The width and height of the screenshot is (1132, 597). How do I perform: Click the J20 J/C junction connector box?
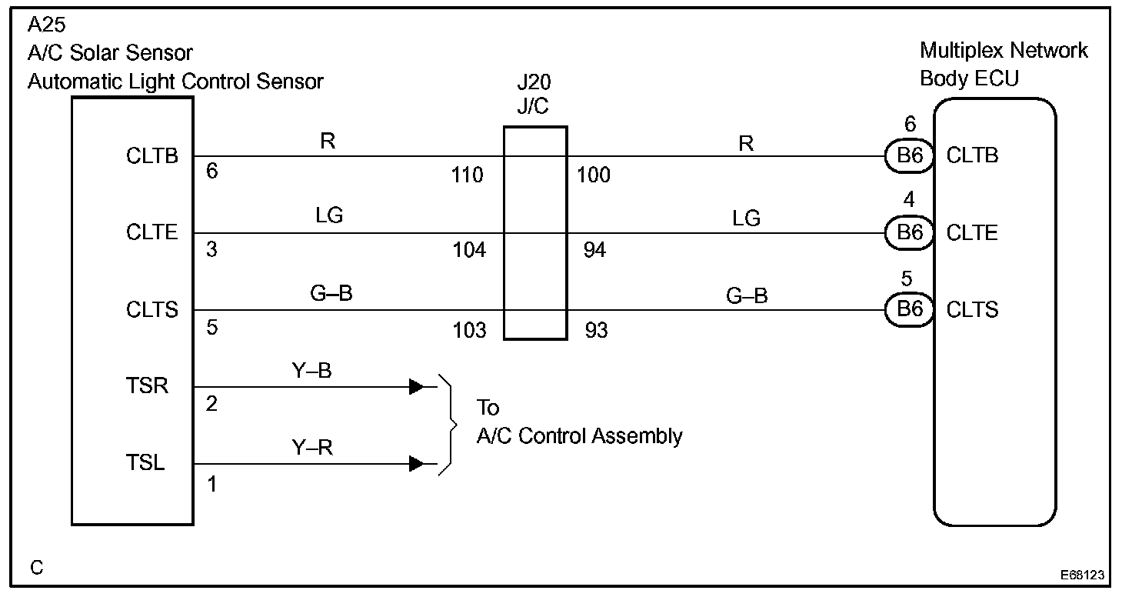(535, 233)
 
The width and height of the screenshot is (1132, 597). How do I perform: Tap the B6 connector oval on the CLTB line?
(910, 156)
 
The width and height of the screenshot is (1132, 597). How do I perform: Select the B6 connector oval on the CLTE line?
(910, 233)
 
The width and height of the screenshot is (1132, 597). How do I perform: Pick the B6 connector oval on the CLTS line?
(910, 310)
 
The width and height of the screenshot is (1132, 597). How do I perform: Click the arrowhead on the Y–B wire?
(416, 387)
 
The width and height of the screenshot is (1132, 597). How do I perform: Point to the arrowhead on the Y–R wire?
(416, 464)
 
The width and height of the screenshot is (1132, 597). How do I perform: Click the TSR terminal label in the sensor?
(147, 385)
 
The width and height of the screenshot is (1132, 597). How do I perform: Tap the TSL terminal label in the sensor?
(146, 463)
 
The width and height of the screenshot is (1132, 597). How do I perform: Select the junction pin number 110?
(468, 176)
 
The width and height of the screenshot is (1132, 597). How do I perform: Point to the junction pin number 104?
(468, 251)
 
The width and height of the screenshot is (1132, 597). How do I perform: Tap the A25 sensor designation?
(47, 26)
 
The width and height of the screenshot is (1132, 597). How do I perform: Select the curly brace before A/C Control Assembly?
(447, 425)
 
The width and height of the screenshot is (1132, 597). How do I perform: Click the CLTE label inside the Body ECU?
(973, 233)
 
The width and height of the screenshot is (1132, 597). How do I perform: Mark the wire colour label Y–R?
(311, 447)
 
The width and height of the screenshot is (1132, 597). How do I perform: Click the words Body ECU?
(969, 79)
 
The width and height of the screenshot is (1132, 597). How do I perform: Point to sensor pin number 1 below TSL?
(212, 485)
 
